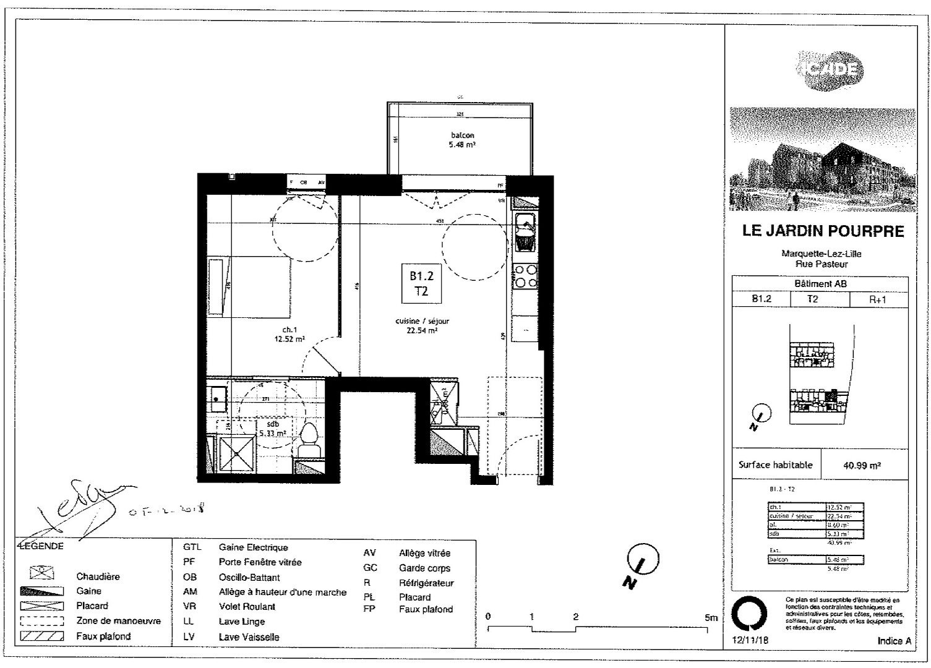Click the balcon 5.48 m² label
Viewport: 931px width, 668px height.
[461, 140]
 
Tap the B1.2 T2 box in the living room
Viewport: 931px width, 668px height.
[421, 284]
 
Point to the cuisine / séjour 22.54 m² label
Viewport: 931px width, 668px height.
[422, 326]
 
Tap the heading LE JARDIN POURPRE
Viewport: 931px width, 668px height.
[823, 231]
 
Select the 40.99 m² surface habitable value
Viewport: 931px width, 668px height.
[862, 466]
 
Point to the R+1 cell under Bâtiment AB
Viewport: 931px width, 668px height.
[877, 299]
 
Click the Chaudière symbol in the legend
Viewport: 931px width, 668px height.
[42, 573]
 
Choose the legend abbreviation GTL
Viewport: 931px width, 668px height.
[192, 547]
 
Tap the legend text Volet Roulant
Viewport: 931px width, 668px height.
[247, 607]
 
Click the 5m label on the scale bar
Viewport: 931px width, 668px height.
[711, 617]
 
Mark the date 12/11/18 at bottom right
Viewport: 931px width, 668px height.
[749, 641]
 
